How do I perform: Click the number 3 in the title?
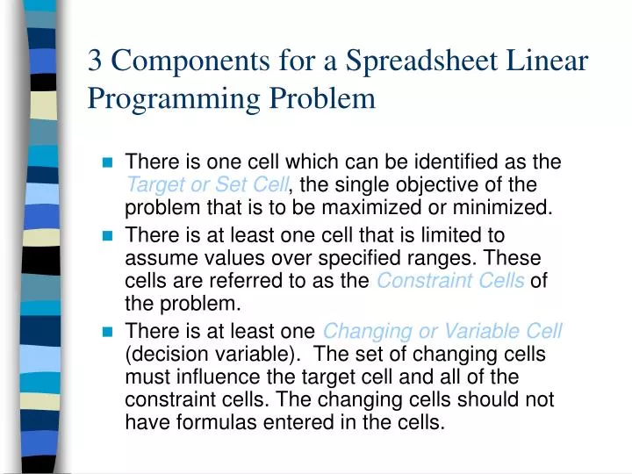(97, 61)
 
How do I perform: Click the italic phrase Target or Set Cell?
(206, 185)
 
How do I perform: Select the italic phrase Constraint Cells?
(450, 282)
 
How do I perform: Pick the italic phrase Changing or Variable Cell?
(442, 332)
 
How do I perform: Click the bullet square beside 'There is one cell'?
(108, 163)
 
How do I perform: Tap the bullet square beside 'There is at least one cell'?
(108, 236)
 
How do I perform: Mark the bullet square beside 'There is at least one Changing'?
(108, 332)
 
